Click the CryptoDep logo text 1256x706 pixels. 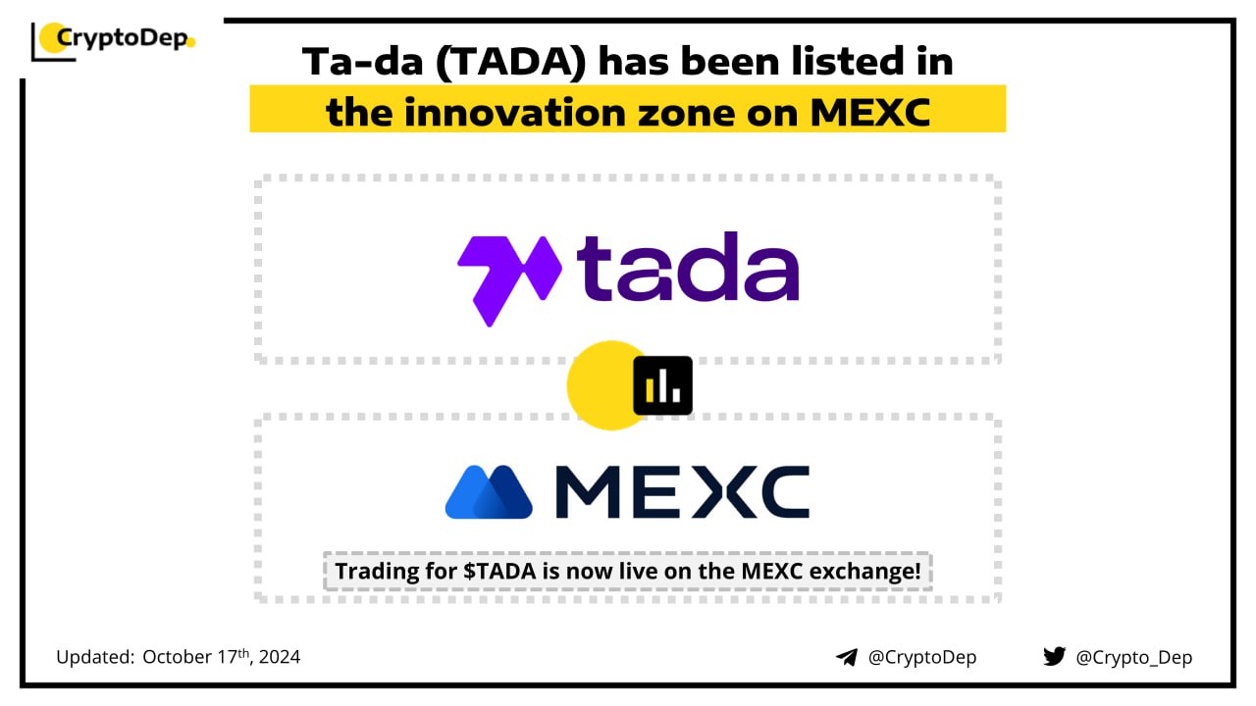pyautogui.click(x=122, y=39)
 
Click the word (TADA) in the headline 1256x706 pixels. pyautogui.click(x=511, y=62)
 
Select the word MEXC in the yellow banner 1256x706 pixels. pyautogui.click(x=870, y=113)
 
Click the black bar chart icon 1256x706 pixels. pyautogui.click(x=662, y=385)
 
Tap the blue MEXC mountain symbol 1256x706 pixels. pyautogui.click(x=489, y=492)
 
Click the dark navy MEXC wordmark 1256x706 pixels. pyautogui.click(x=682, y=492)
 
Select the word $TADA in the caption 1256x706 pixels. pyautogui.click(x=499, y=572)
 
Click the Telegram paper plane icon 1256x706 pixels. pyautogui.click(x=847, y=657)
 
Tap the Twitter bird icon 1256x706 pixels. pyautogui.click(x=1054, y=656)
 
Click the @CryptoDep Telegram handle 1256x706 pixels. pyautogui.click(x=922, y=657)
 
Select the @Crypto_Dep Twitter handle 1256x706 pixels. pyautogui.click(x=1133, y=658)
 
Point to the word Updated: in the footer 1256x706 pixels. pyautogui.click(x=95, y=657)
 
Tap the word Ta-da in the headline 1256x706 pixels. pyautogui.click(x=362, y=62)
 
